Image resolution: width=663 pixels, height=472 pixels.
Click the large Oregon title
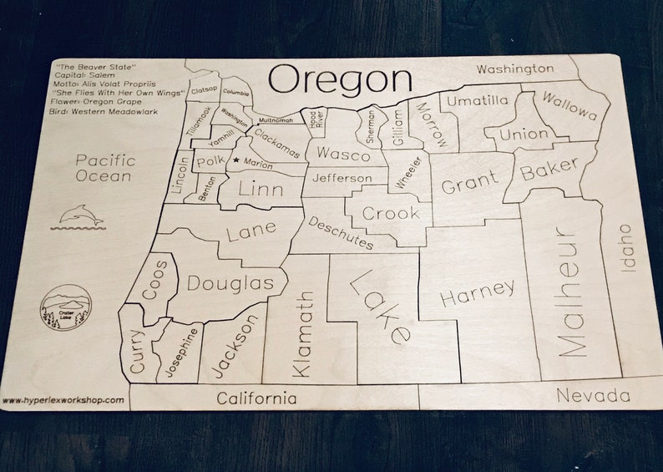click(x=340, y=80)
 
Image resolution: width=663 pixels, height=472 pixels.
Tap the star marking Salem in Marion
click(x=236, y=160)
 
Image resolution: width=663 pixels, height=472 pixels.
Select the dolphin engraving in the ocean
click(x=82, y=216)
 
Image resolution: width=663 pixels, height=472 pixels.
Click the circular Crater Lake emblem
click(x=65, y=307)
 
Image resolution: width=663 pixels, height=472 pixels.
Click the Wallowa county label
click(x=569, y=106)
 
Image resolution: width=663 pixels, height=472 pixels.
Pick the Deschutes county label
click(x=340, y=233)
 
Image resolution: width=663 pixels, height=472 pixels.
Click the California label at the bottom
click(x=256, y=398)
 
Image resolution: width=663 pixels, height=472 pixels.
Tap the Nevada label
click(x=593, y=395)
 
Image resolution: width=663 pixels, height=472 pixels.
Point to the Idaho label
click(x=627, y=247)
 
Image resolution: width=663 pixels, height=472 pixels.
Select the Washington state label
click(x=514, y=69)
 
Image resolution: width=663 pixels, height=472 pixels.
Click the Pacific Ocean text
click(x=104, y=168)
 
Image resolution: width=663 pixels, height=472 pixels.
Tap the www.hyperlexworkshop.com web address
click(x=63, y=400)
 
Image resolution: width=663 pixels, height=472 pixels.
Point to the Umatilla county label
click(x=477, y=101)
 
